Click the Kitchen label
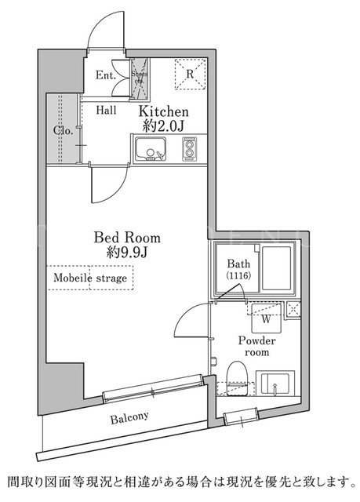[163, 111]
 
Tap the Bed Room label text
[127, 238]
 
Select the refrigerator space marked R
[190, 74]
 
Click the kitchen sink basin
[151, 149]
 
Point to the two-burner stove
[189, 149]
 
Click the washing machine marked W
[266, 318]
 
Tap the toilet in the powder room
[238, 379]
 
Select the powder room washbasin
[275, 384]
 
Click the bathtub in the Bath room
[277, 267]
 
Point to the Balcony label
[129, 417]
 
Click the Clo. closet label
[64, 131]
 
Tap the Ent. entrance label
[106, 75]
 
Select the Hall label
[106, 111]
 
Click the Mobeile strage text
[90, 278]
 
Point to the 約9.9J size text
[127, 253]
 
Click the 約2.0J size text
[163, 126]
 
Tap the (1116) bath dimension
[238, 275]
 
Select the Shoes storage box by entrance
[140, 79]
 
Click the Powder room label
[256, 346]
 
